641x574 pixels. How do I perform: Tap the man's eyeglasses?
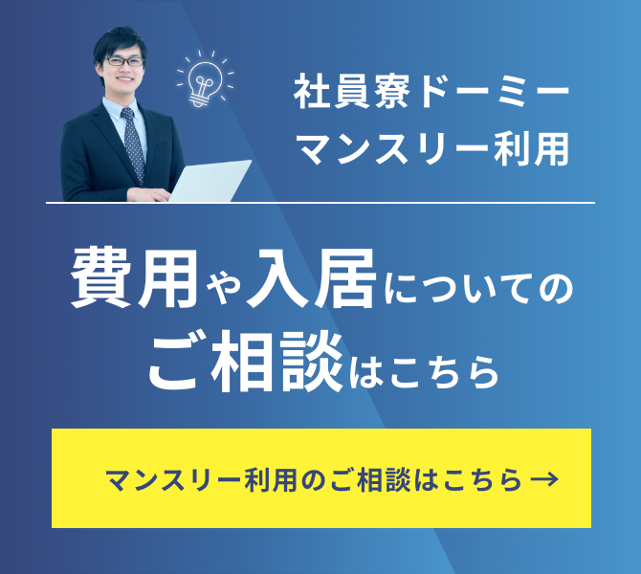[123, 61]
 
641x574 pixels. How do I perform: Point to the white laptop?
[210, 181]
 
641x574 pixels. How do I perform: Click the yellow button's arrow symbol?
[544, 478]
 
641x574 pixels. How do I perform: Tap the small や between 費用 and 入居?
[223, 288]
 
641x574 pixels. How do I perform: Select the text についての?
[478, 288]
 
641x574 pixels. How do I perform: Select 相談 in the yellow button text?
[384, 479]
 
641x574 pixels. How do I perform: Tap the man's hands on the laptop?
[149, 194]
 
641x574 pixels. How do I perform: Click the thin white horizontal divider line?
[320, 203]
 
